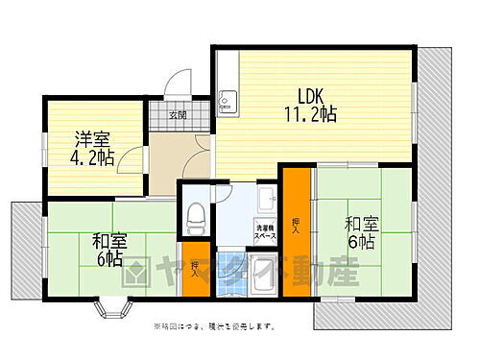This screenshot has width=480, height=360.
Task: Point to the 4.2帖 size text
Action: click(x=92, y=157)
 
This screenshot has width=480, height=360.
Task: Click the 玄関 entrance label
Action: click(x=178, y=116)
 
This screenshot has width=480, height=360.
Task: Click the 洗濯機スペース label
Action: click(x=265, y=231)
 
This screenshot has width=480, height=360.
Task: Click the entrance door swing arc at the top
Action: click(x=176, y=87)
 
